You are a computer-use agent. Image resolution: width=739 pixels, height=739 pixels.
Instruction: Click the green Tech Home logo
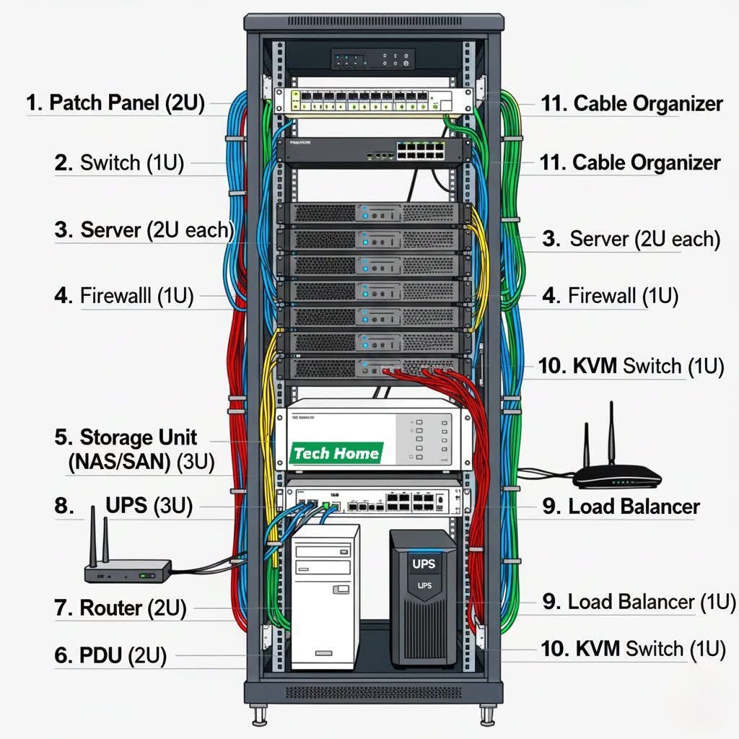click(336, 453)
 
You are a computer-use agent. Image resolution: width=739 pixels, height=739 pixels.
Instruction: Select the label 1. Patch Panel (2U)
click(115, 102)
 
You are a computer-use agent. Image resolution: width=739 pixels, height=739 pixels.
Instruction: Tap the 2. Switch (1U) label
click(119, 162)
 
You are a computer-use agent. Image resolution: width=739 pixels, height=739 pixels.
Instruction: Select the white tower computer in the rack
click(325, 595)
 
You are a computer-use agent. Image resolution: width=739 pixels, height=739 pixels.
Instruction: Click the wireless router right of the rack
click(617, 476)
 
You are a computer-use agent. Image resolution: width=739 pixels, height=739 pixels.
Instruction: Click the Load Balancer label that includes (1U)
click(639, 601)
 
